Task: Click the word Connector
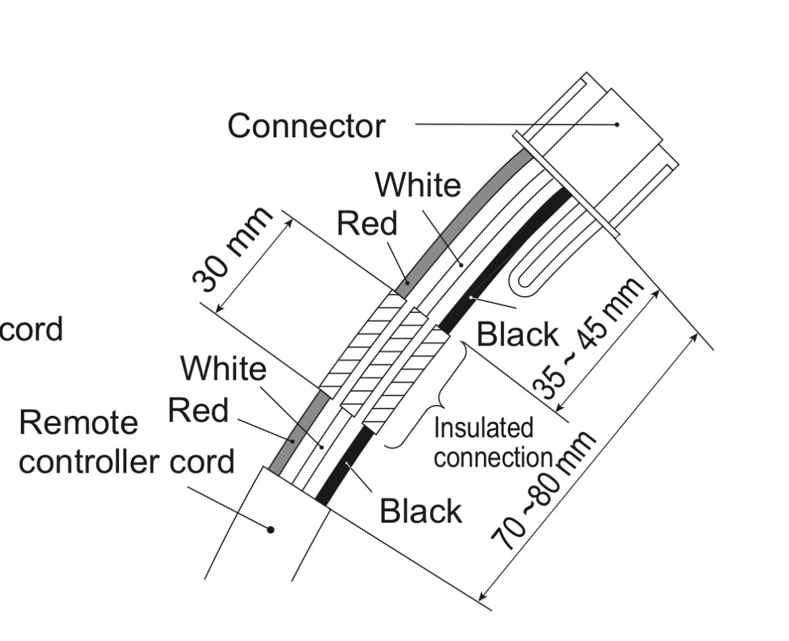pos(306,126)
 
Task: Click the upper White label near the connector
pos(418,185)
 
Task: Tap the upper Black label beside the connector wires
pos(518,334)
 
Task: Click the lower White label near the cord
pos(223,369)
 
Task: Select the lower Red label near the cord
pos(198,410)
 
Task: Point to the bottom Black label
pos(420,511)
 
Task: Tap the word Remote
pos(78,423)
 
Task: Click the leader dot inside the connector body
pos(617,124)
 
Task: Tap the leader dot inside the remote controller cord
pos(271,529)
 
